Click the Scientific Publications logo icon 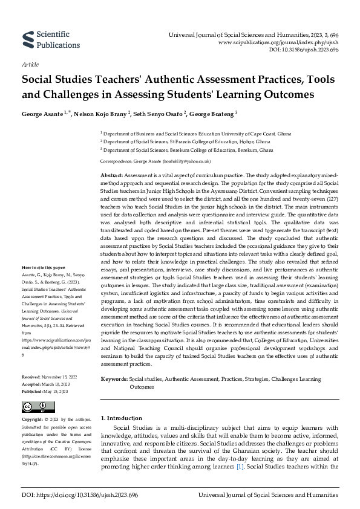pyautogui.click(x=28, y=40)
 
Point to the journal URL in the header pyautogui.click(x=286, y=44)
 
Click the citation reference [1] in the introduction pyautogui.click(x=240, y=467)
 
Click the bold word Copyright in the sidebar pyautogui.click(x=33, y=418)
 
